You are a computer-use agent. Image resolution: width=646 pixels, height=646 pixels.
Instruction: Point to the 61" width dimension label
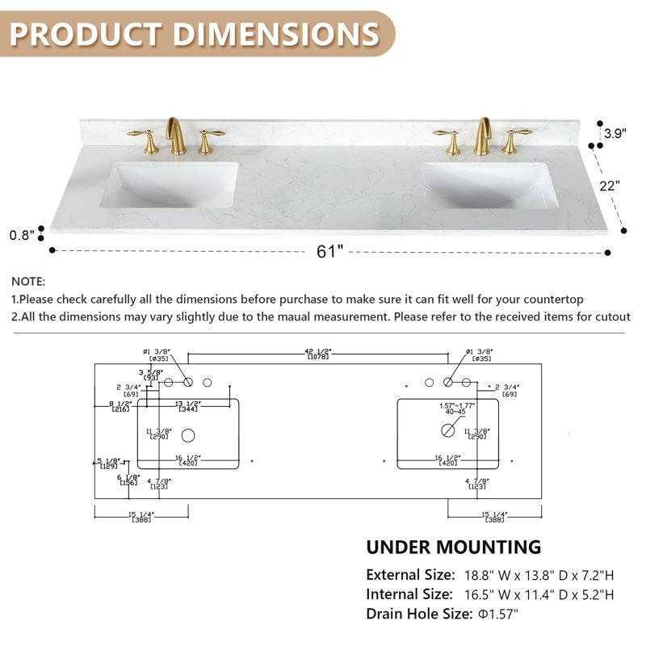330,252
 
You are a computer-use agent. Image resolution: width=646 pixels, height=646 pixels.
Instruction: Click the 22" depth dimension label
610,185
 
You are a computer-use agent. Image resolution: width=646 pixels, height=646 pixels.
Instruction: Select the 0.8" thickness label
21,235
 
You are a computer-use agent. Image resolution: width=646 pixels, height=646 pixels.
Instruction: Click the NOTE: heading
29,282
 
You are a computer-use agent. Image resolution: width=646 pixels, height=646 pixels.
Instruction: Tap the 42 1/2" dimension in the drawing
318,352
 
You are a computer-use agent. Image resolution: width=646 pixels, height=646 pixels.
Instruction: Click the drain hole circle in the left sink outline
188,435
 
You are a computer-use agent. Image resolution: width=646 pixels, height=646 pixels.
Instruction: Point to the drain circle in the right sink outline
448,430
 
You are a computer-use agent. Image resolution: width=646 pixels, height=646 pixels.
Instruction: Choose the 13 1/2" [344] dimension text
187,406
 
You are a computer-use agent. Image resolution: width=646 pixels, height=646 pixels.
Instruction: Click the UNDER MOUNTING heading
454,547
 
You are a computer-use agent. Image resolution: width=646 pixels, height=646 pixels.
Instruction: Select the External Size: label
410,576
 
